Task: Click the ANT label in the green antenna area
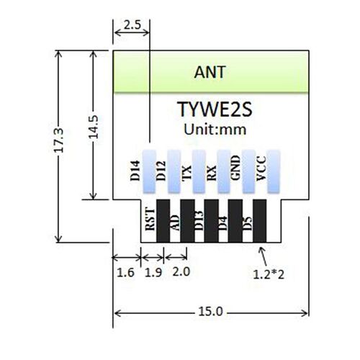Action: click(210, 72)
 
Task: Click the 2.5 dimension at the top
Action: click(132, 24)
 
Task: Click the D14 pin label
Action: click(134, 171)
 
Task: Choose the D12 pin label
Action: click(161, 171)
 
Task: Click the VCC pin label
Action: click(261, 171)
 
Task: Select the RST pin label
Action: click(149, 217)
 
